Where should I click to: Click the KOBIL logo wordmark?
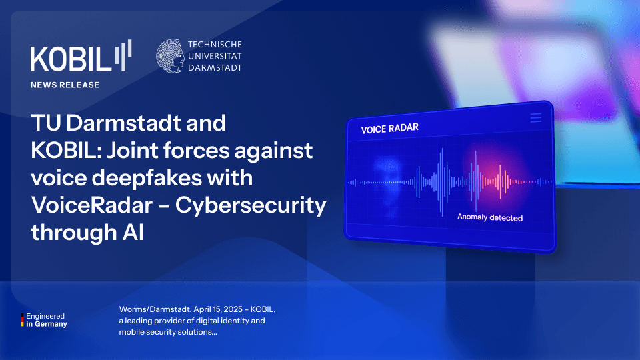click(x=70, y=59)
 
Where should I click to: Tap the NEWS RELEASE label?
click(x=65, y=85)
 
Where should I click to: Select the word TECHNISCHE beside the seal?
click(x=215, y=45)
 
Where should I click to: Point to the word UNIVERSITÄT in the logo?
click(x=215, y=56)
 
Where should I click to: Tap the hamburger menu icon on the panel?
click(x=535, y=118)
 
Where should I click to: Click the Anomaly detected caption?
click(x=490, y=218)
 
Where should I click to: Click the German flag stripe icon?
click(x=23, y=320)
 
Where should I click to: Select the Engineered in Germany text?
click(x=47, y=320)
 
